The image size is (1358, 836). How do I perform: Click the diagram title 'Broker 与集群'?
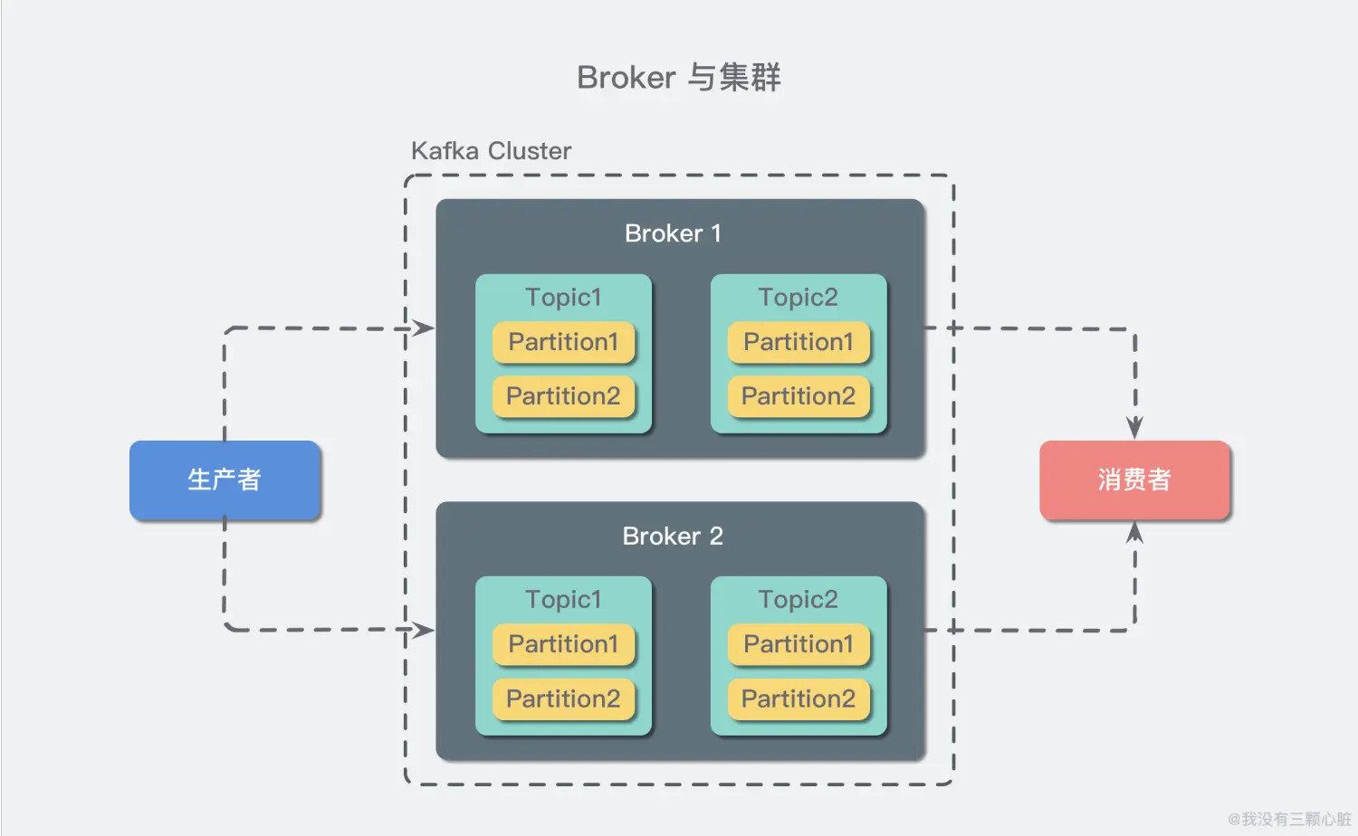[678, 78]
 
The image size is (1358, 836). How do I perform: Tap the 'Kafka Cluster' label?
[491, 151]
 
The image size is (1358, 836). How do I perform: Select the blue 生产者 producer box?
[225, 480]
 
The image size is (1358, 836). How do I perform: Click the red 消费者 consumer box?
[1134, 480]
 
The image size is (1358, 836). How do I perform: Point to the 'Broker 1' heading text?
[673, 233]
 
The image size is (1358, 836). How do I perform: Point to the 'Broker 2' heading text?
[673, 536]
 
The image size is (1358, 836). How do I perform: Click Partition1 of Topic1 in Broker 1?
[563, 342]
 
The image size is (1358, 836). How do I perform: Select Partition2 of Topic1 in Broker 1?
[563, 396]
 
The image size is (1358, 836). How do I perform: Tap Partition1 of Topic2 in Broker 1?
[799, 342]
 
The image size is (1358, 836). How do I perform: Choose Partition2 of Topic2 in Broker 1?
[799, 396]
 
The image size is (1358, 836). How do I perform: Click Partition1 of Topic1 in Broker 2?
[563, 644]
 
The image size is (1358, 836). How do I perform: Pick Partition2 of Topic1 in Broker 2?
[563, 699]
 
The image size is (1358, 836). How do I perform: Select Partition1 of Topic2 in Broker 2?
[799, 644]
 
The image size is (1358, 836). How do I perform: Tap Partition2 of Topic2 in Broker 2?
[799, 699]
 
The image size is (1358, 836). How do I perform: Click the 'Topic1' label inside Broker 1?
[563, 298]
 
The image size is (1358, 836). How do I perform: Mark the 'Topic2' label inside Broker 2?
[799, 600]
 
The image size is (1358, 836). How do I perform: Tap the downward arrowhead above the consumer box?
[1135, 427]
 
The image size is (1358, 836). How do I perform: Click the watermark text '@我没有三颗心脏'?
[1289, 819]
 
